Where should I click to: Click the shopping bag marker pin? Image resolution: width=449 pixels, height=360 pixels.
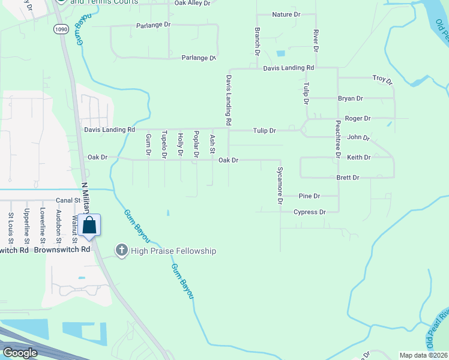[x=89, y=226]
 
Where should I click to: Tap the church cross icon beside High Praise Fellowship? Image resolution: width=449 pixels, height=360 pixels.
[x=121, y=250]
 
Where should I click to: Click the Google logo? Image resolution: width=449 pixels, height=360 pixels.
[x=20, y=353]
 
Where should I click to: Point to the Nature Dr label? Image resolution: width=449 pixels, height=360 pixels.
[x=286, y=14]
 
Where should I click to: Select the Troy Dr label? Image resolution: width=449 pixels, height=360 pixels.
[x=382, y=79]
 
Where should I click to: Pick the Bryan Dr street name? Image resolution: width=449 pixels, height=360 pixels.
[x=351, y=98]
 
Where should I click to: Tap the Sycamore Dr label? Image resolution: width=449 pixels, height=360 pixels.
[x=280, y=185]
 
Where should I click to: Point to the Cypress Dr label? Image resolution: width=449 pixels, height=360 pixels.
[x=309, y=212]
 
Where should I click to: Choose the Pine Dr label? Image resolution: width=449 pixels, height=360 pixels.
[x=309, y=196]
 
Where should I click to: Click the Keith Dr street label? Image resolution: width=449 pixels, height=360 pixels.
[x=359, y=157]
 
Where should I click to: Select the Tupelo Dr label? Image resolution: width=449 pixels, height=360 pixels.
[x=164, y=146]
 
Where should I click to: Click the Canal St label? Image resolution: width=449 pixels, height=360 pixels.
[x=68, y=200]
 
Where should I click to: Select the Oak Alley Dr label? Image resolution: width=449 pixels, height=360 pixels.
[x=192, y=3]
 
